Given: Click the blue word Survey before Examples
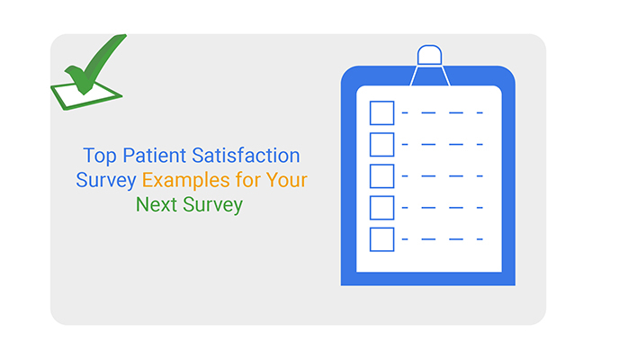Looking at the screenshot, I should [x=106, y=180].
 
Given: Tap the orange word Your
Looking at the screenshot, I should [x=288, y=180].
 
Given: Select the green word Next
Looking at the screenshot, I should [x=156, y=205].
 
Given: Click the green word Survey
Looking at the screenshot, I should [x=212, y=205].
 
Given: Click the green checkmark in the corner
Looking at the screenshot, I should [x=90, y=68].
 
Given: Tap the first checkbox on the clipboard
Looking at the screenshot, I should [x=382, y=112].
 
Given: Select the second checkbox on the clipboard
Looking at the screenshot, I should [x=382, y=144].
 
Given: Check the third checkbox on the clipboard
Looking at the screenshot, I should [x=382, y=175].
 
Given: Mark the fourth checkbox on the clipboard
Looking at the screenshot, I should [x=382, y=207].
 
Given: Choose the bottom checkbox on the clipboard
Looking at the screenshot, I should [x=382, y=238].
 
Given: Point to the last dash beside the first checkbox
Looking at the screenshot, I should [x=480, y=113].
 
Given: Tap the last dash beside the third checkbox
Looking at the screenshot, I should [x=480, y=176].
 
